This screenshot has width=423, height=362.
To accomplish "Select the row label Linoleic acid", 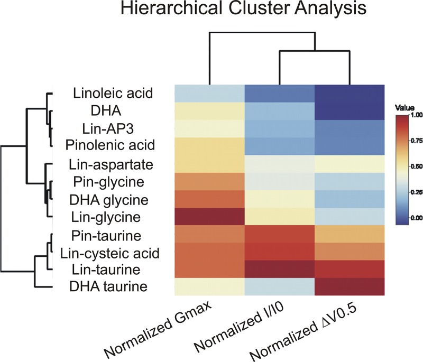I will click(x=113, y=94).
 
